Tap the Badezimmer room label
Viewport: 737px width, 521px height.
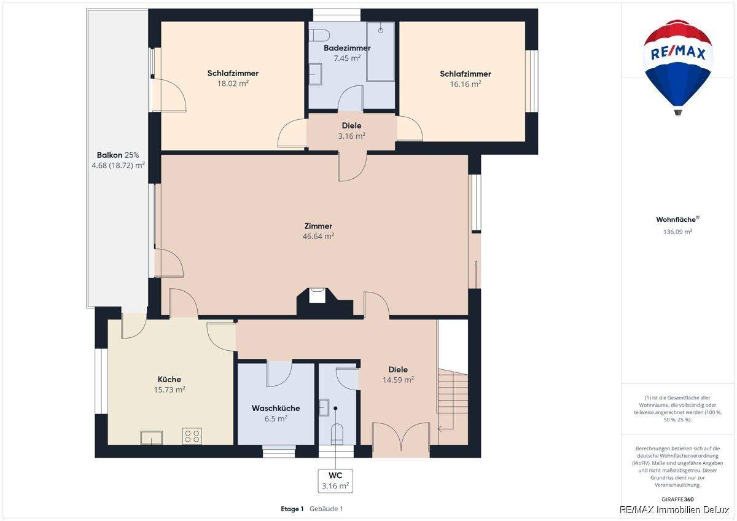pyautogui.click(x=347, y=48)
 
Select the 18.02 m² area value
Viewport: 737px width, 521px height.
pyautogui.click(x=233, y=84)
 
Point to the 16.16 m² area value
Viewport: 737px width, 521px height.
pyautogui.click(x=466, y=84)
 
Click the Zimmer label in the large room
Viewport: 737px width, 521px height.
pyautogui.click(x=318, y=226)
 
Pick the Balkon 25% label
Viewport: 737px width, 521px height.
pyautogui.click(x=118, y=155)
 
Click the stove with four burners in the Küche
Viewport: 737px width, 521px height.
pyautogui.click(x=192, y=436)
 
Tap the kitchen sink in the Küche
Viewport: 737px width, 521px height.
pyautogui.click(x=151, y=437)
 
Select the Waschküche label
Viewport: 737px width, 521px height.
pyautogui.click(x=276, y=409)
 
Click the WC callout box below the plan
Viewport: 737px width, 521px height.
pyautogui.click(x=335, y=481)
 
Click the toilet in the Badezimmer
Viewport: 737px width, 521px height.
pyautogui.click(x=319, y=35)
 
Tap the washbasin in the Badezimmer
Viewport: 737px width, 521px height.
pyautogui.click(x=315, y=74)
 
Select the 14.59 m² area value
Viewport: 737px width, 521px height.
pyautogui.click(x=398, y=380)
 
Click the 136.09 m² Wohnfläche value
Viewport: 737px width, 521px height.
pyautogui.click(x=677, y=232)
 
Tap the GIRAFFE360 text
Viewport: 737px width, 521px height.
pyautogui.click(x=677, y=499)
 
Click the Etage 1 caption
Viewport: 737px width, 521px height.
pyautogui.click(x=292, y=509)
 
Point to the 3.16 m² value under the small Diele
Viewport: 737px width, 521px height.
pyautogui.click(x=351, y=136)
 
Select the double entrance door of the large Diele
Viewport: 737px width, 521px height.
pyautogui.click(x=401, y=437)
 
